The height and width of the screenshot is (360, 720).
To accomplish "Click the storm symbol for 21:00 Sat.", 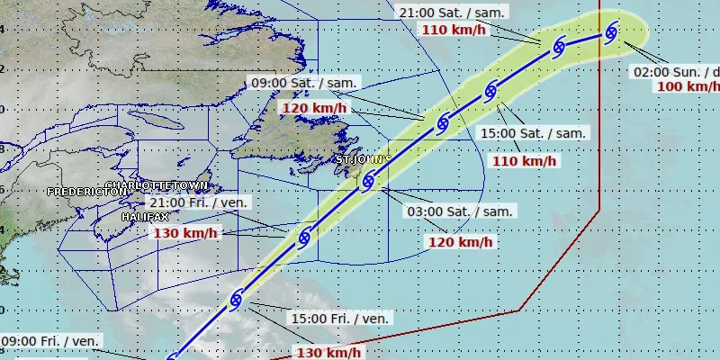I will tap(558, 46).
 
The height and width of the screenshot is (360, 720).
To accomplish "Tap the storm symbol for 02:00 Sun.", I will tap(611, 33).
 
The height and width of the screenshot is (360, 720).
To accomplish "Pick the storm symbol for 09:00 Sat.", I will tap(443, 124).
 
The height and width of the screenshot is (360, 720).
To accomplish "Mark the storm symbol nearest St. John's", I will tap(366, 180).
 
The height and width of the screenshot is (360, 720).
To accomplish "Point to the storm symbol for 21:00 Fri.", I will tap(303, 239).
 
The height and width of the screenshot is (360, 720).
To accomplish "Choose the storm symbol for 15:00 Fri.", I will tap(237, 298).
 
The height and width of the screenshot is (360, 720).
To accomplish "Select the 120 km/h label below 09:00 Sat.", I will tap(314, 108).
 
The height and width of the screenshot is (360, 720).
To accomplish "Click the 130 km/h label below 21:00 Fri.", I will tap(186, 233).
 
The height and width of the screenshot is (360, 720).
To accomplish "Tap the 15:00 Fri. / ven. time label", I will tap(340, 319).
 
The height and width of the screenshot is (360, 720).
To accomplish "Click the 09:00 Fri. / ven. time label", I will tap(49, 341).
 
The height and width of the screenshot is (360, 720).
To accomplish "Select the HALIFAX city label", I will tap(145, 218).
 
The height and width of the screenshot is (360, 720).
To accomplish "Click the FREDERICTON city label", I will tap(86, 192).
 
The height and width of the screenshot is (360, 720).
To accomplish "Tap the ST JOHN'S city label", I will tap(363, 159).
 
